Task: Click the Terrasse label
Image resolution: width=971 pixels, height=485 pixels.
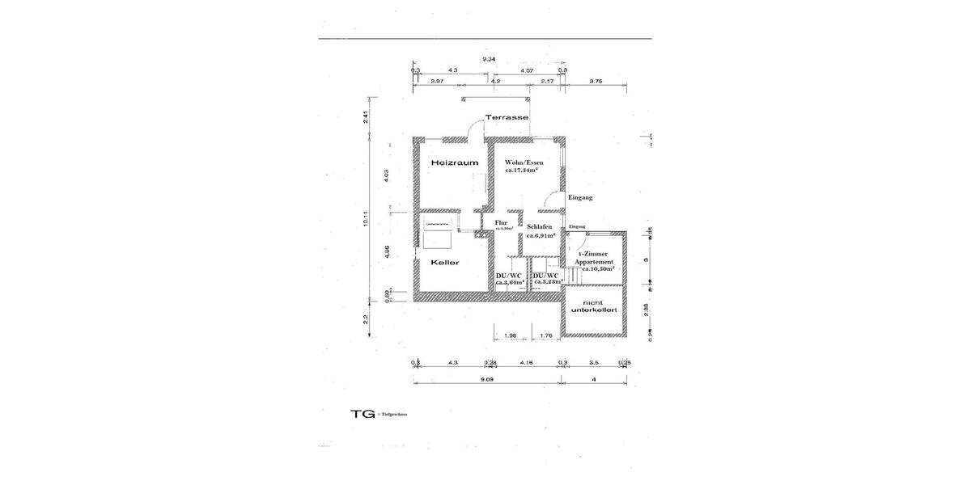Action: pos(507,117)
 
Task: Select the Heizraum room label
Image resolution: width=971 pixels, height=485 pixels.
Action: pos(454,162)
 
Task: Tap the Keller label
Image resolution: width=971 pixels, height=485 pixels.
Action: pos(445,263)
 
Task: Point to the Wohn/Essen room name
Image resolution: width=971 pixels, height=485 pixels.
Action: pos(524,162)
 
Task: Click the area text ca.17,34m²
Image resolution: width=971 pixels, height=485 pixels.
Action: pos(524,171)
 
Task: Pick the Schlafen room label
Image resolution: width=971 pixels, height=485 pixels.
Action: pos(540,227)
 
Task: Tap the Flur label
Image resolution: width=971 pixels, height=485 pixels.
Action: pos(501,222)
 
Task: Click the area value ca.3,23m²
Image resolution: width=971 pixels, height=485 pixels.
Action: pos(549,282)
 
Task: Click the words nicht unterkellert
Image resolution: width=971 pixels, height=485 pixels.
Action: pos(600,306)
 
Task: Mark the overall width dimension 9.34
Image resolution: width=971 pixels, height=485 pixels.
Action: pos(489,60)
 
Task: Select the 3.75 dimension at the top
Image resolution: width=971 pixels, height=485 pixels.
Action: pos(596,81)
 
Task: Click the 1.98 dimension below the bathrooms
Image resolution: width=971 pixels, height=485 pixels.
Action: pos(510,335)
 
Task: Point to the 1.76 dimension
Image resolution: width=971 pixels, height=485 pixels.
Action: pos(545,335)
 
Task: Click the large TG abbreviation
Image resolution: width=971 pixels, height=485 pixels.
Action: pos(363,413)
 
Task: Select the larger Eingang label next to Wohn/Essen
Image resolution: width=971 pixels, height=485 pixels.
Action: pos(580,197)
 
